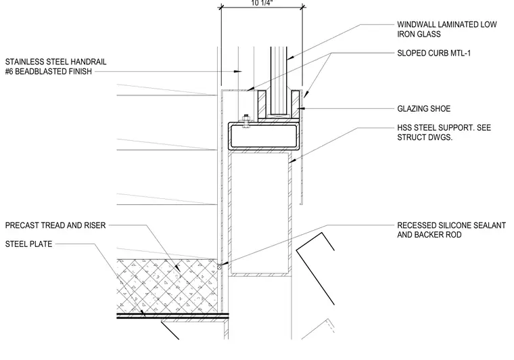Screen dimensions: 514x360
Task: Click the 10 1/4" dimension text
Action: tap(262, 3)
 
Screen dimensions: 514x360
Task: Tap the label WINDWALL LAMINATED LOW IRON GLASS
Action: tap(447, 29)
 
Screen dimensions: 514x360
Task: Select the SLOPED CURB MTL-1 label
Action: tap(434, 53)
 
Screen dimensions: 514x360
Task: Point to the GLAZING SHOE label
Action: tap(423, 108)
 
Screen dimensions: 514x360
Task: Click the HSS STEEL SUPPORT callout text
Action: tap(444, 133)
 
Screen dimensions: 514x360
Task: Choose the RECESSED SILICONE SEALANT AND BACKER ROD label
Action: tap(451, 230)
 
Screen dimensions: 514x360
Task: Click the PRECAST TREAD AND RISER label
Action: tap(55, 225)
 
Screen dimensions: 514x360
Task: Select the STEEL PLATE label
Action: tap(28, 244)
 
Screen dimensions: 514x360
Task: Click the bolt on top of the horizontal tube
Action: tap(246, 121)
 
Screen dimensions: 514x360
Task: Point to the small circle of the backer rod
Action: tap(219, 267)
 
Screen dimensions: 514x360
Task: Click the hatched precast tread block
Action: tap(167, 286)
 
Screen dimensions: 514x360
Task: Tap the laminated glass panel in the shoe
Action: tap(279, 81)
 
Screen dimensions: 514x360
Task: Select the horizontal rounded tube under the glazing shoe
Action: tap(264, 135)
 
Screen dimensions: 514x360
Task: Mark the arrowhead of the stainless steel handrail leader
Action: tap(238, 71)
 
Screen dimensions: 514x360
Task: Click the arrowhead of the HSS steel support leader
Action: tap(291, 161)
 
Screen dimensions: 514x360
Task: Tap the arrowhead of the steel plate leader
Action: tap(143, 314)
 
